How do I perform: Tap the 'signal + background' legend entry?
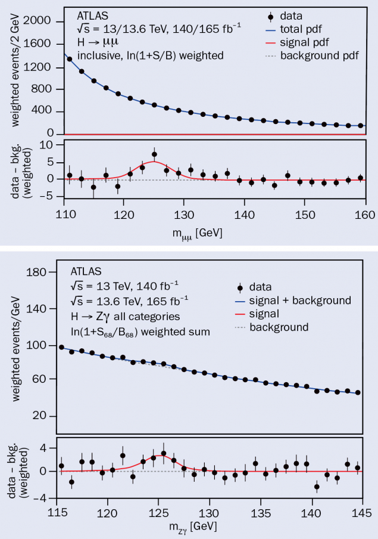pyautogui.click(x=301, y=300)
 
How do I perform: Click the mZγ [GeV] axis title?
pyautogui.click(x=192, y=526)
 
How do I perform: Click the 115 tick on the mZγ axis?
pyautogui.click(x=57, y=512)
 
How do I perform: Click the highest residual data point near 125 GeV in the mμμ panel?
pyautogui.click(x=154, y=154)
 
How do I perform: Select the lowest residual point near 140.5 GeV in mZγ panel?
pyautogui.click(x=317, y=487)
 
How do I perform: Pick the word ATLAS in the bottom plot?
pyautogui.click(x=86, y=271)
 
